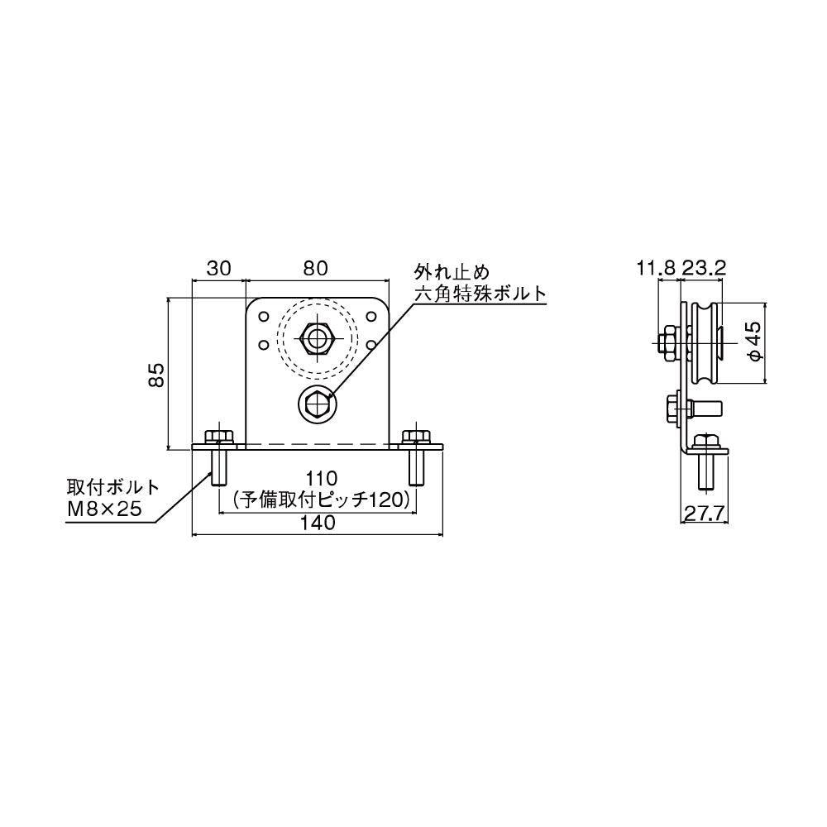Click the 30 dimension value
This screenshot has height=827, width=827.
218,269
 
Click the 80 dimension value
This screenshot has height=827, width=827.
316,269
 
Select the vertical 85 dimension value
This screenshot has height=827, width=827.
156,375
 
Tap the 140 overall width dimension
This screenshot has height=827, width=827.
318,523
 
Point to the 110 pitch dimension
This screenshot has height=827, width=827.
321,478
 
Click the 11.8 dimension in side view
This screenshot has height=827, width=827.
656,269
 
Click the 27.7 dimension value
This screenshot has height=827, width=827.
705,512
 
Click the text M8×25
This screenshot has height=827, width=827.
104,509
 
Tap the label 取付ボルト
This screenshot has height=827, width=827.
112,486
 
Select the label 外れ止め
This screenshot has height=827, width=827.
452,272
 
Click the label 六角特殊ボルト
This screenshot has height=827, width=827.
480,294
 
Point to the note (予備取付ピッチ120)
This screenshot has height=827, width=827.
321,500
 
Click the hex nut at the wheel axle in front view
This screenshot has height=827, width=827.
317,338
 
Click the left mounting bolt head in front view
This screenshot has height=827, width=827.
218,437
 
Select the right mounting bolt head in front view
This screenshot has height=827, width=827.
416,437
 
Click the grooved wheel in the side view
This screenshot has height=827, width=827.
705,342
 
